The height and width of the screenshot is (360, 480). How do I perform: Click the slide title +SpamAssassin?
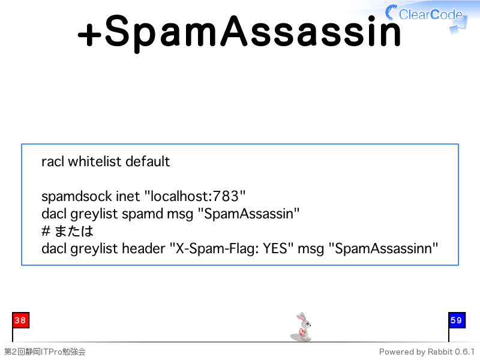(239, 32)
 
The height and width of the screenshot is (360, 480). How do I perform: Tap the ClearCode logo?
(426, 16)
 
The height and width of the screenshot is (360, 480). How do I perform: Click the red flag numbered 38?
(21, 320)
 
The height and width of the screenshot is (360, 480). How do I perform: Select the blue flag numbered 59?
(457, 320)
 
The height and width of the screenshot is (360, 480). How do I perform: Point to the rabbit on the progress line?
(301, 327)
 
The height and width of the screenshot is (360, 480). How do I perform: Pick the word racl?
(53, 161)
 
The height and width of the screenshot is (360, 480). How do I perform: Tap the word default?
(148, 161)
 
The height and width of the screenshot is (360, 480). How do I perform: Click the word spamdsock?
(77, 196)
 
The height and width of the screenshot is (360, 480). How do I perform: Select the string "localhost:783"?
(194, 196)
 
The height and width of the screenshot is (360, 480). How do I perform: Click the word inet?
(128, 196)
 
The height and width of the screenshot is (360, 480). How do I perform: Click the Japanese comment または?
(74, 231)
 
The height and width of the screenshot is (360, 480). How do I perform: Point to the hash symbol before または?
(46, 231)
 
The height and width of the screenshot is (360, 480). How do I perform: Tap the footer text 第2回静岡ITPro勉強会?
(44, 352)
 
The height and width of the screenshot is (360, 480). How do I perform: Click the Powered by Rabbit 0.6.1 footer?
(427, 352)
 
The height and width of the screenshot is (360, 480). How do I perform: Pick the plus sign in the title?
(89, 35)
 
